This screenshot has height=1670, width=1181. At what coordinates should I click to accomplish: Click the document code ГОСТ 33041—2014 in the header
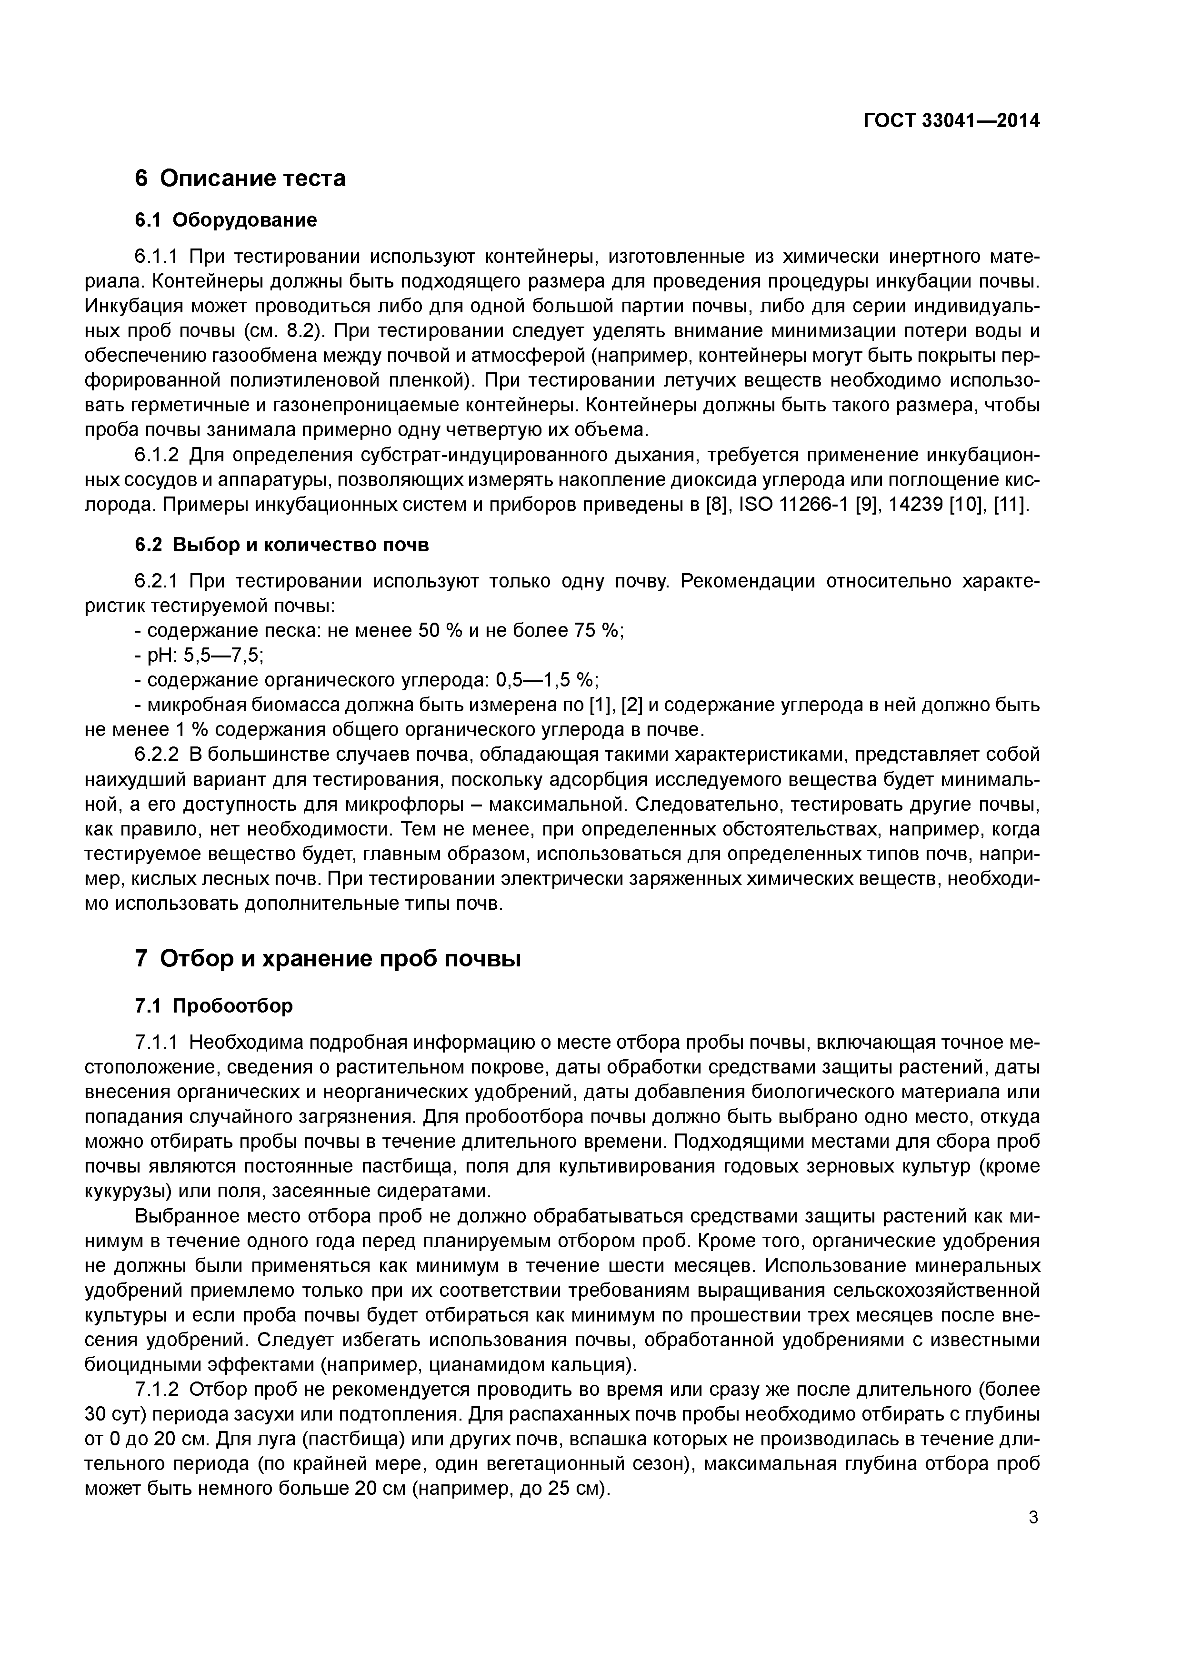951,121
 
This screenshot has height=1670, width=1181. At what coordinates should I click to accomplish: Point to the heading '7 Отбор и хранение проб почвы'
328,959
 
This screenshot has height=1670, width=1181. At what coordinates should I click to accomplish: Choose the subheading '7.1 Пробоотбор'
214,1006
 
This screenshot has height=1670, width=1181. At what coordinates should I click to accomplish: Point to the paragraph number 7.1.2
157,1390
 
